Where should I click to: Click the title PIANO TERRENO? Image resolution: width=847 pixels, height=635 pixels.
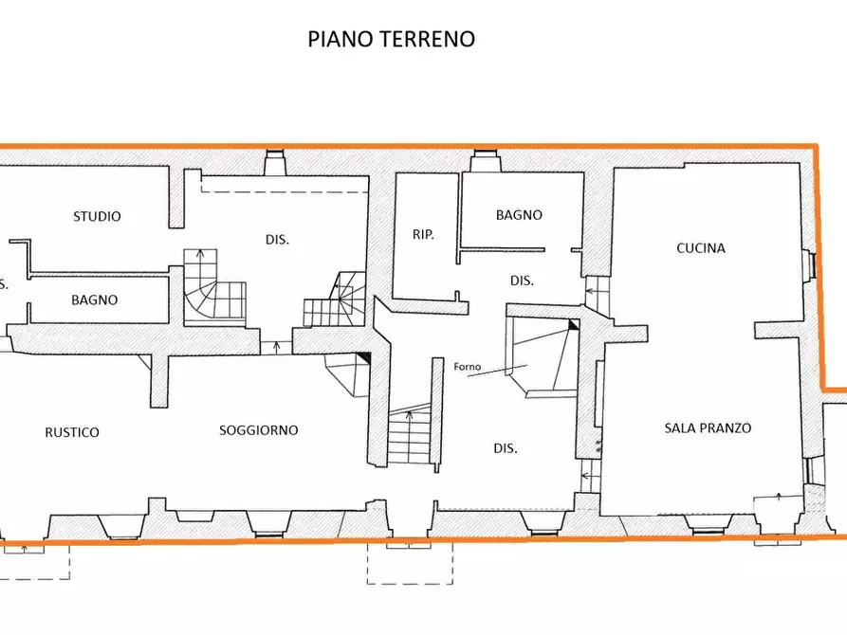[x=391, y=39]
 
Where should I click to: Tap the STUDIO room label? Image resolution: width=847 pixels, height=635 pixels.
[x=97, y=216]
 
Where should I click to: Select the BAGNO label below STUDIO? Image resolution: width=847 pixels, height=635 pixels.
[x=94, y=299]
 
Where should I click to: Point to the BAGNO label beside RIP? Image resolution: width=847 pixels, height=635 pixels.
[x=519, y=215]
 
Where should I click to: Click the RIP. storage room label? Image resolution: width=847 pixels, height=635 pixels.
[x=423, y=234]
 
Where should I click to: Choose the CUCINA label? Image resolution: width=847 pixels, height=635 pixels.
[x=701, y=248]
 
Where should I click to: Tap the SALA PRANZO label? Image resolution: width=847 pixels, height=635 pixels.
[x=707, y=427]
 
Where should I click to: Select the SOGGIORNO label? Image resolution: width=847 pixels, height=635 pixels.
[x=258, y=429]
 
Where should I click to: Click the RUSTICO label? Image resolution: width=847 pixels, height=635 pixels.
[x=72, y=432]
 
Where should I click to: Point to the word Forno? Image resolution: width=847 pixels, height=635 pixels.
[x=467, y=368]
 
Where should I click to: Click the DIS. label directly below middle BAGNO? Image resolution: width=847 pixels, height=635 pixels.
[x=522, y=281]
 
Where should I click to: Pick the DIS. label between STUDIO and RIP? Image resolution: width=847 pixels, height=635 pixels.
[x=277, y=239]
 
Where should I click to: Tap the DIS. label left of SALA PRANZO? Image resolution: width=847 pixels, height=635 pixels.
[x=505, y=448]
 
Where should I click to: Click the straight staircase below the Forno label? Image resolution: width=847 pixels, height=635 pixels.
[x=409, y=434]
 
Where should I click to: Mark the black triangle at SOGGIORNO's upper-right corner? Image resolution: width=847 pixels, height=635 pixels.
[x=363, y=358]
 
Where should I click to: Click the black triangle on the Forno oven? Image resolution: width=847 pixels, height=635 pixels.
[x=573, y=325]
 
